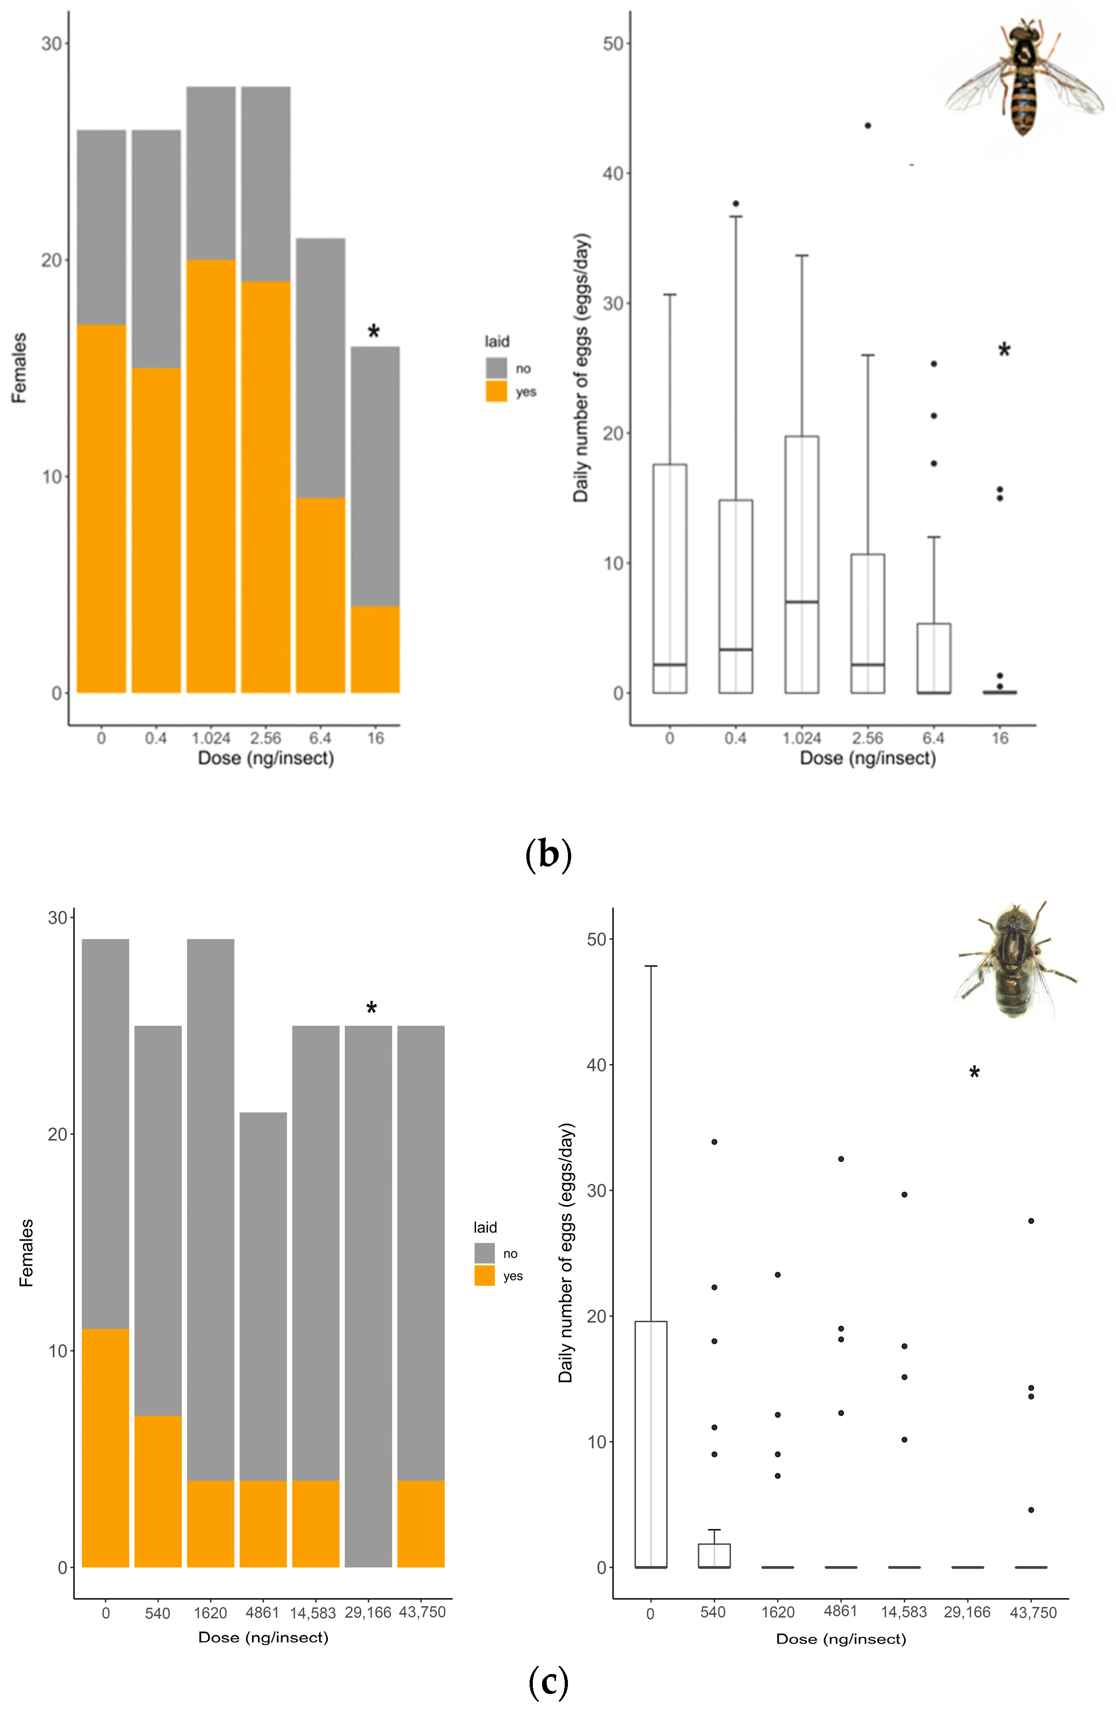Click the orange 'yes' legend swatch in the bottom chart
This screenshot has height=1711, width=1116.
coord(484,1275)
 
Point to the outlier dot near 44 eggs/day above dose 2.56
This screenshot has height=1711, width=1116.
coord(868,126)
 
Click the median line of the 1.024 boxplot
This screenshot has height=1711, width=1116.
coord(801,602)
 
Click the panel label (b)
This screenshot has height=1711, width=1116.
coord(548,855)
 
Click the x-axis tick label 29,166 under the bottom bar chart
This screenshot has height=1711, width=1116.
coord(368,1613)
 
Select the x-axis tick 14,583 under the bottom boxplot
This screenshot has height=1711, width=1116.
coord(903,1613)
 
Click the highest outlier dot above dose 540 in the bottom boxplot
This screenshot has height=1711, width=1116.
coord(713,1141)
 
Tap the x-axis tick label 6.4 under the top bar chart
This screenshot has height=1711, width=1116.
coord(320,738)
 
